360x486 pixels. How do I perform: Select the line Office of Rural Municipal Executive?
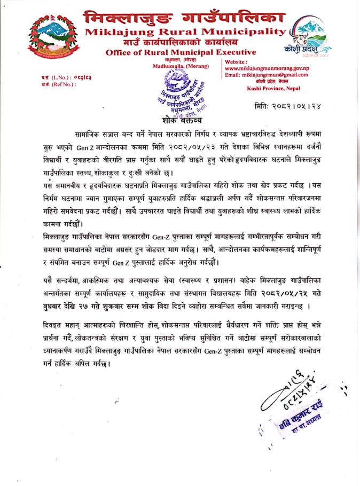click(x=181, y=52)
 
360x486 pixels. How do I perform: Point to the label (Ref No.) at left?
click(x=53, y=84)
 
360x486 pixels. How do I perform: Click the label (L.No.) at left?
click(x=53, y=78)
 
